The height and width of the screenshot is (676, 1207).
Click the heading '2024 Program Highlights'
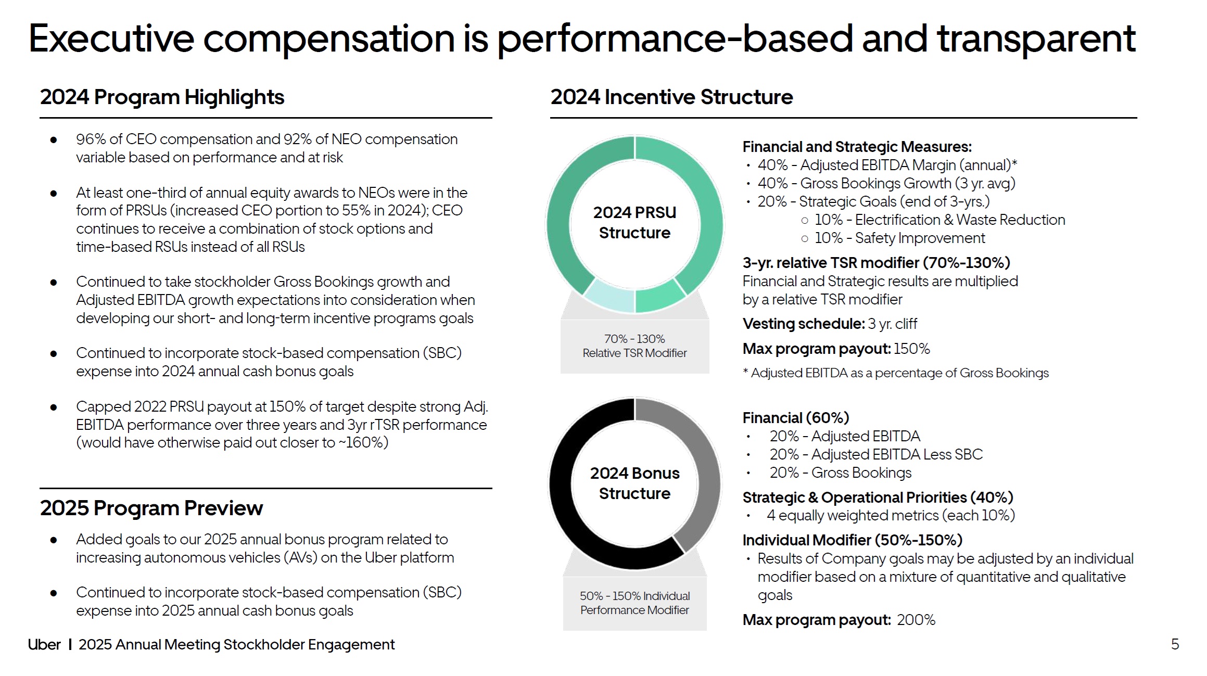pos(162,97)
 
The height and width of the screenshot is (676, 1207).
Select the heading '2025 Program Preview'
pos(151,508)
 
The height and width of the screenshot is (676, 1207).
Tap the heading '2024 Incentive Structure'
pos(671,97)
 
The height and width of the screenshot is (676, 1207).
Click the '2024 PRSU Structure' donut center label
pos(634,223)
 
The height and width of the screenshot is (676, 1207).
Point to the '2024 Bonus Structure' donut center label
pos(634,483)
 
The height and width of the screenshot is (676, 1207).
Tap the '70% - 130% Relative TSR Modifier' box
pos(634,346)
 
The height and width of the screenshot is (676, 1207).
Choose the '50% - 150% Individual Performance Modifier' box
pos(634,603)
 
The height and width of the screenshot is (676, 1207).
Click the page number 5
pos(1175,644)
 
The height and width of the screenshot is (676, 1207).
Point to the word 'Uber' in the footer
pos(44,644)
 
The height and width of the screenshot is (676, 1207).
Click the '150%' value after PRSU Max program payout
pos(911,349)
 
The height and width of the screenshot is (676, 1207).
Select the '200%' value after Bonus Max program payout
pos(916,620)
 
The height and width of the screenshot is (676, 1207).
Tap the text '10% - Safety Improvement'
pos(899,238)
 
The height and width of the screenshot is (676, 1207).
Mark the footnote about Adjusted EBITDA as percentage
pos(895,373)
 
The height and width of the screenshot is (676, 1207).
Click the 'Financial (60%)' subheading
pos(795,418)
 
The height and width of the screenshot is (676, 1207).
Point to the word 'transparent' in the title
pos(1036,39)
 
